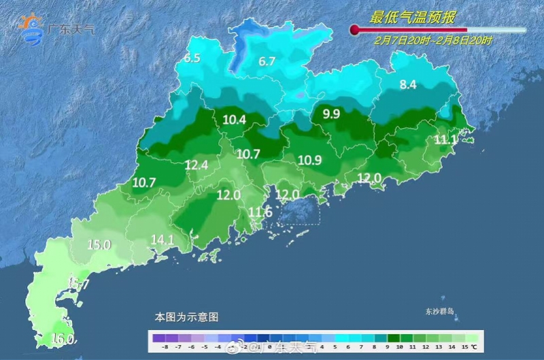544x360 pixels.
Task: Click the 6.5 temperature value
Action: click(x=192, y=59)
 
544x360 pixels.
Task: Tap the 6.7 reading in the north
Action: click(x=267, y=61)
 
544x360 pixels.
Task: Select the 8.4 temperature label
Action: click(x=407, y=85)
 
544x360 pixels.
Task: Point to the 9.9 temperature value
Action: click(x=331, y=114)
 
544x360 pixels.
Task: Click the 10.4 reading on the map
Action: click(x=234, y=120)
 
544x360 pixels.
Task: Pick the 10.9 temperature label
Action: click(x=309, y=160)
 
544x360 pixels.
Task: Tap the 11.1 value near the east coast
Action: click(x=446, y=140)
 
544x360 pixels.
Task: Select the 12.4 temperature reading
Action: click(x=197, y=164)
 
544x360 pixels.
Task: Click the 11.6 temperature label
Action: click(x=260, y=213)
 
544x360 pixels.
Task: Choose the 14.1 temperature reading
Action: click(x=163, y=239)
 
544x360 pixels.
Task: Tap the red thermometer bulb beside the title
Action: click(x=354, y=29)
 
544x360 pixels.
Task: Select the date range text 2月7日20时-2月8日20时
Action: click(x=433, y=40)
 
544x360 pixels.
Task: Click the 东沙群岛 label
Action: click(x=439, y=312)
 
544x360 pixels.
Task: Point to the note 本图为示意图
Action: click(x=186, y=317)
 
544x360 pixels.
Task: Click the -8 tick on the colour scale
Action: click(x=165, y=347)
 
